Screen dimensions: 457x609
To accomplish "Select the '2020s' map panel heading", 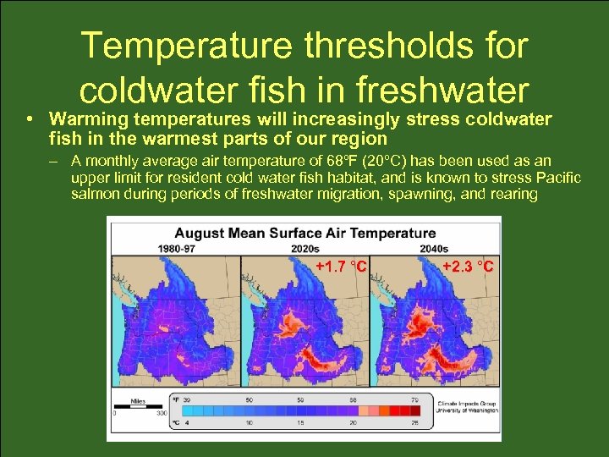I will coord(304,249).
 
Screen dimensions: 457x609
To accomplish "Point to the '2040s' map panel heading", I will coord(435,249).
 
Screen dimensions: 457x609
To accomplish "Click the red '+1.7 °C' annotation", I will coord(341,267).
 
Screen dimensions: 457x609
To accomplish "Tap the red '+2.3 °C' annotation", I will coord(468,267).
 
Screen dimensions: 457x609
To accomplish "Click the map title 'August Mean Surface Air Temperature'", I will coord(304,233).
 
